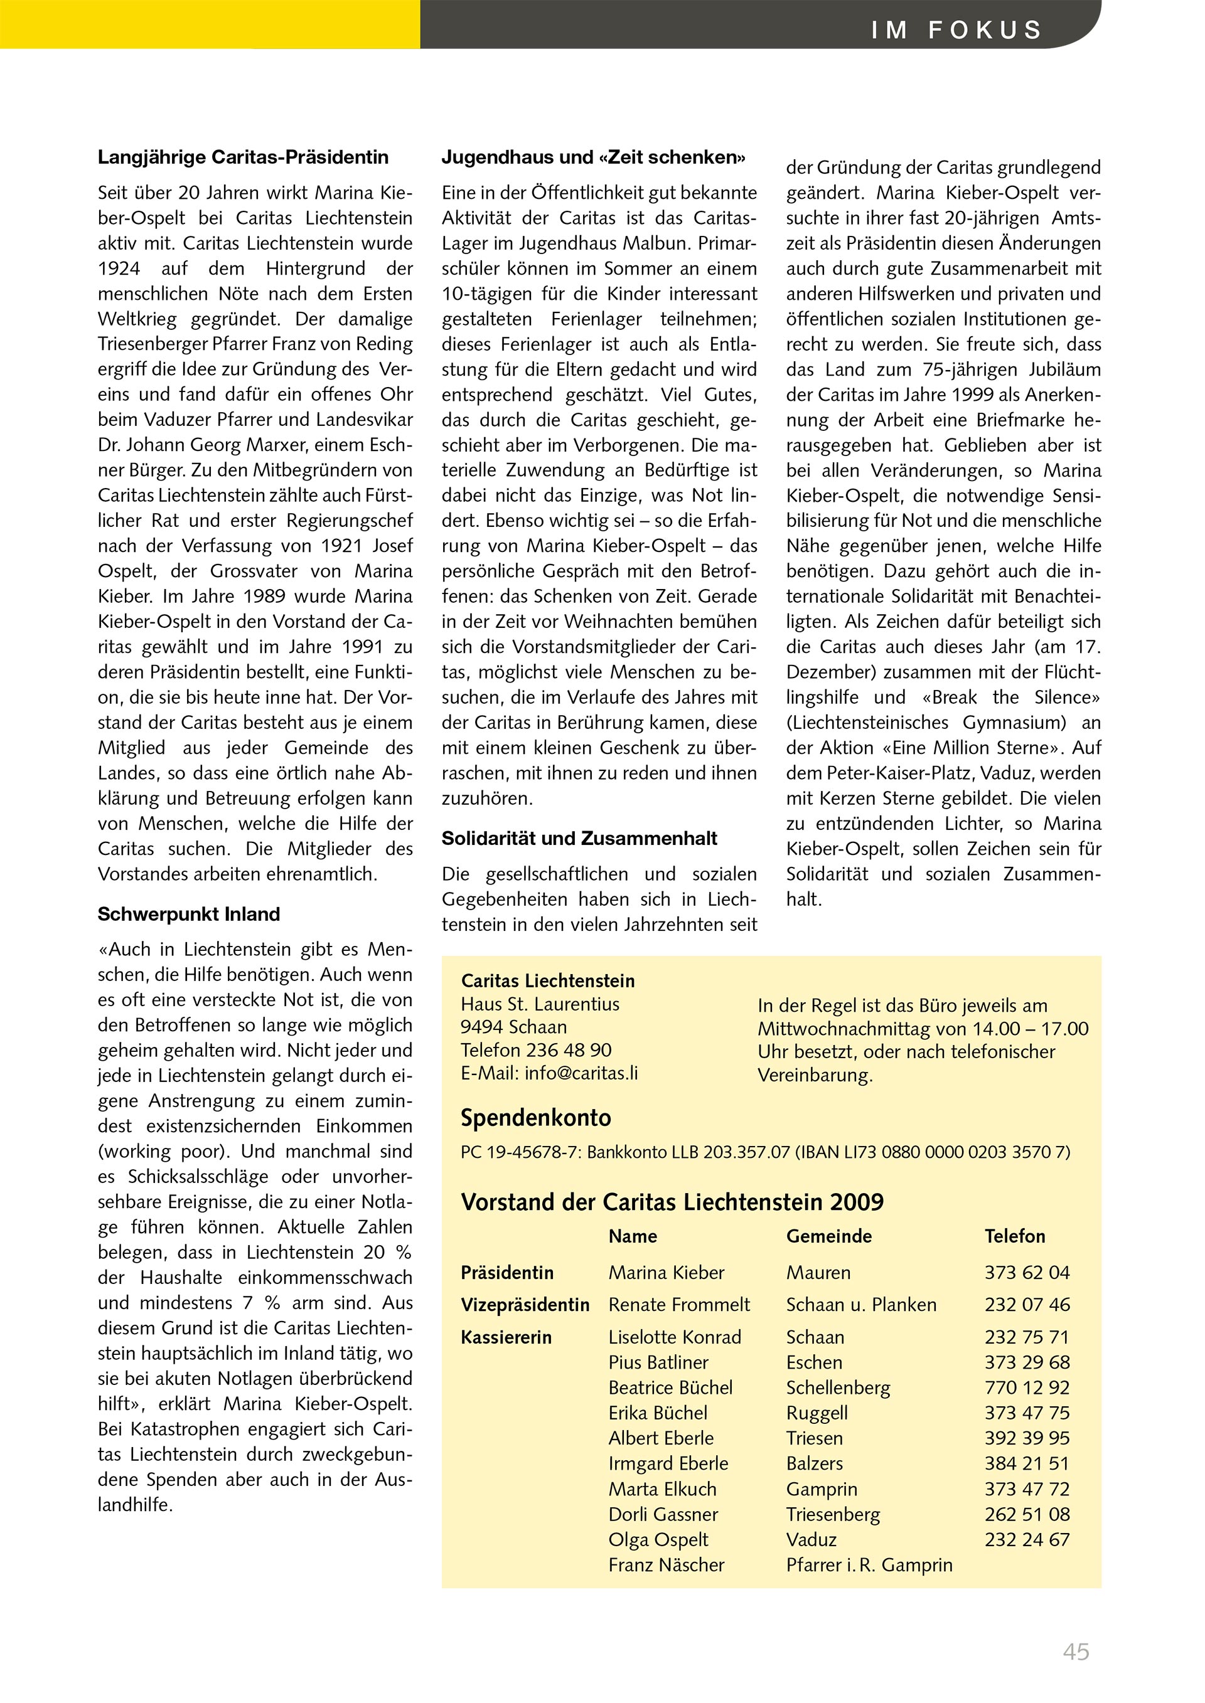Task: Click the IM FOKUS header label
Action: pos(956,29)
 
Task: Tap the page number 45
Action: pos(1076,1652)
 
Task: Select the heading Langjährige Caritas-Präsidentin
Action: pos(244,157)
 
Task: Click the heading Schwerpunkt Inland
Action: pos(188,914)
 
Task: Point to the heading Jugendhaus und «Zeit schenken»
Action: pos(594,157)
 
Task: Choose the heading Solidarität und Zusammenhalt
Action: pos(579,838)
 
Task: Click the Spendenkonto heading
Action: pos(536,1118)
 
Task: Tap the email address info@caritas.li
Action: pos(581,1073)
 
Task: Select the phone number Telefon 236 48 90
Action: pos(536,1049)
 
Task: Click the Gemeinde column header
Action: pos(829,1236)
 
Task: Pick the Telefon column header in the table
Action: pos(1014,1236)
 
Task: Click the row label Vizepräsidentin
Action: pos(525,1305)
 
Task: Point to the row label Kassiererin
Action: pos(506,1337)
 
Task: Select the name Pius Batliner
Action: pos(658,1362)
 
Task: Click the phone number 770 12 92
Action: pos(1027,1387)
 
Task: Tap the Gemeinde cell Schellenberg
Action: pos(838,1387)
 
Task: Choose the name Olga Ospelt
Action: pos(658,1540)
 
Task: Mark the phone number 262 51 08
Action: pos(1027,1515)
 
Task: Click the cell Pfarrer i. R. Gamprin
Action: pos(869,1565)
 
